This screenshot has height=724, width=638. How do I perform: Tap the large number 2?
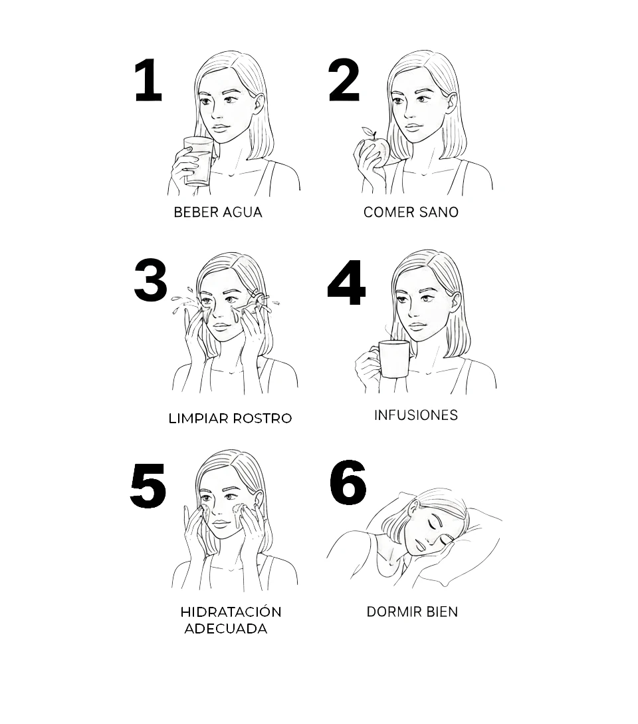coord(344,81)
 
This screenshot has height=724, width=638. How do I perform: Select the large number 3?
coord(150,280)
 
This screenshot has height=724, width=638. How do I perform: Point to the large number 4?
coord(346,283)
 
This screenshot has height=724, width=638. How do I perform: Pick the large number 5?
coord(148,486)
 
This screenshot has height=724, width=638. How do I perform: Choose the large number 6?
coord(348,482)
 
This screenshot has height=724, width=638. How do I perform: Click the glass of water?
coord(198,160)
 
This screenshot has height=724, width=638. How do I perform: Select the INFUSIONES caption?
coord(416,415)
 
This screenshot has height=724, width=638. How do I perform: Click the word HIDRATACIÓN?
coord(231,612)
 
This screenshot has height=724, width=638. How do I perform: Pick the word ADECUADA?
coord(225,629)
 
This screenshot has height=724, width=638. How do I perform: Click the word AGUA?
coord(242,212)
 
